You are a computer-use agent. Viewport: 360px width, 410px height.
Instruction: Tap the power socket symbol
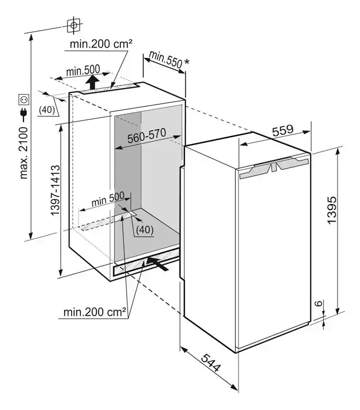point(24,99)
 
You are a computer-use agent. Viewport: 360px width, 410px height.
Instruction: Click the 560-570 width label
point(146,138)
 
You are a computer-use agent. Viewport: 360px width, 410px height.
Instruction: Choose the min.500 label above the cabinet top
point(83,71)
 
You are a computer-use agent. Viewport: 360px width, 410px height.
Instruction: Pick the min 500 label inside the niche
point(107,199)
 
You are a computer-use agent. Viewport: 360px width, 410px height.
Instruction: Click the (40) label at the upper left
point(48,109)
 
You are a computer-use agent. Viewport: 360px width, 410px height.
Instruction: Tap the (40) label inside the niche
point(144,230)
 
